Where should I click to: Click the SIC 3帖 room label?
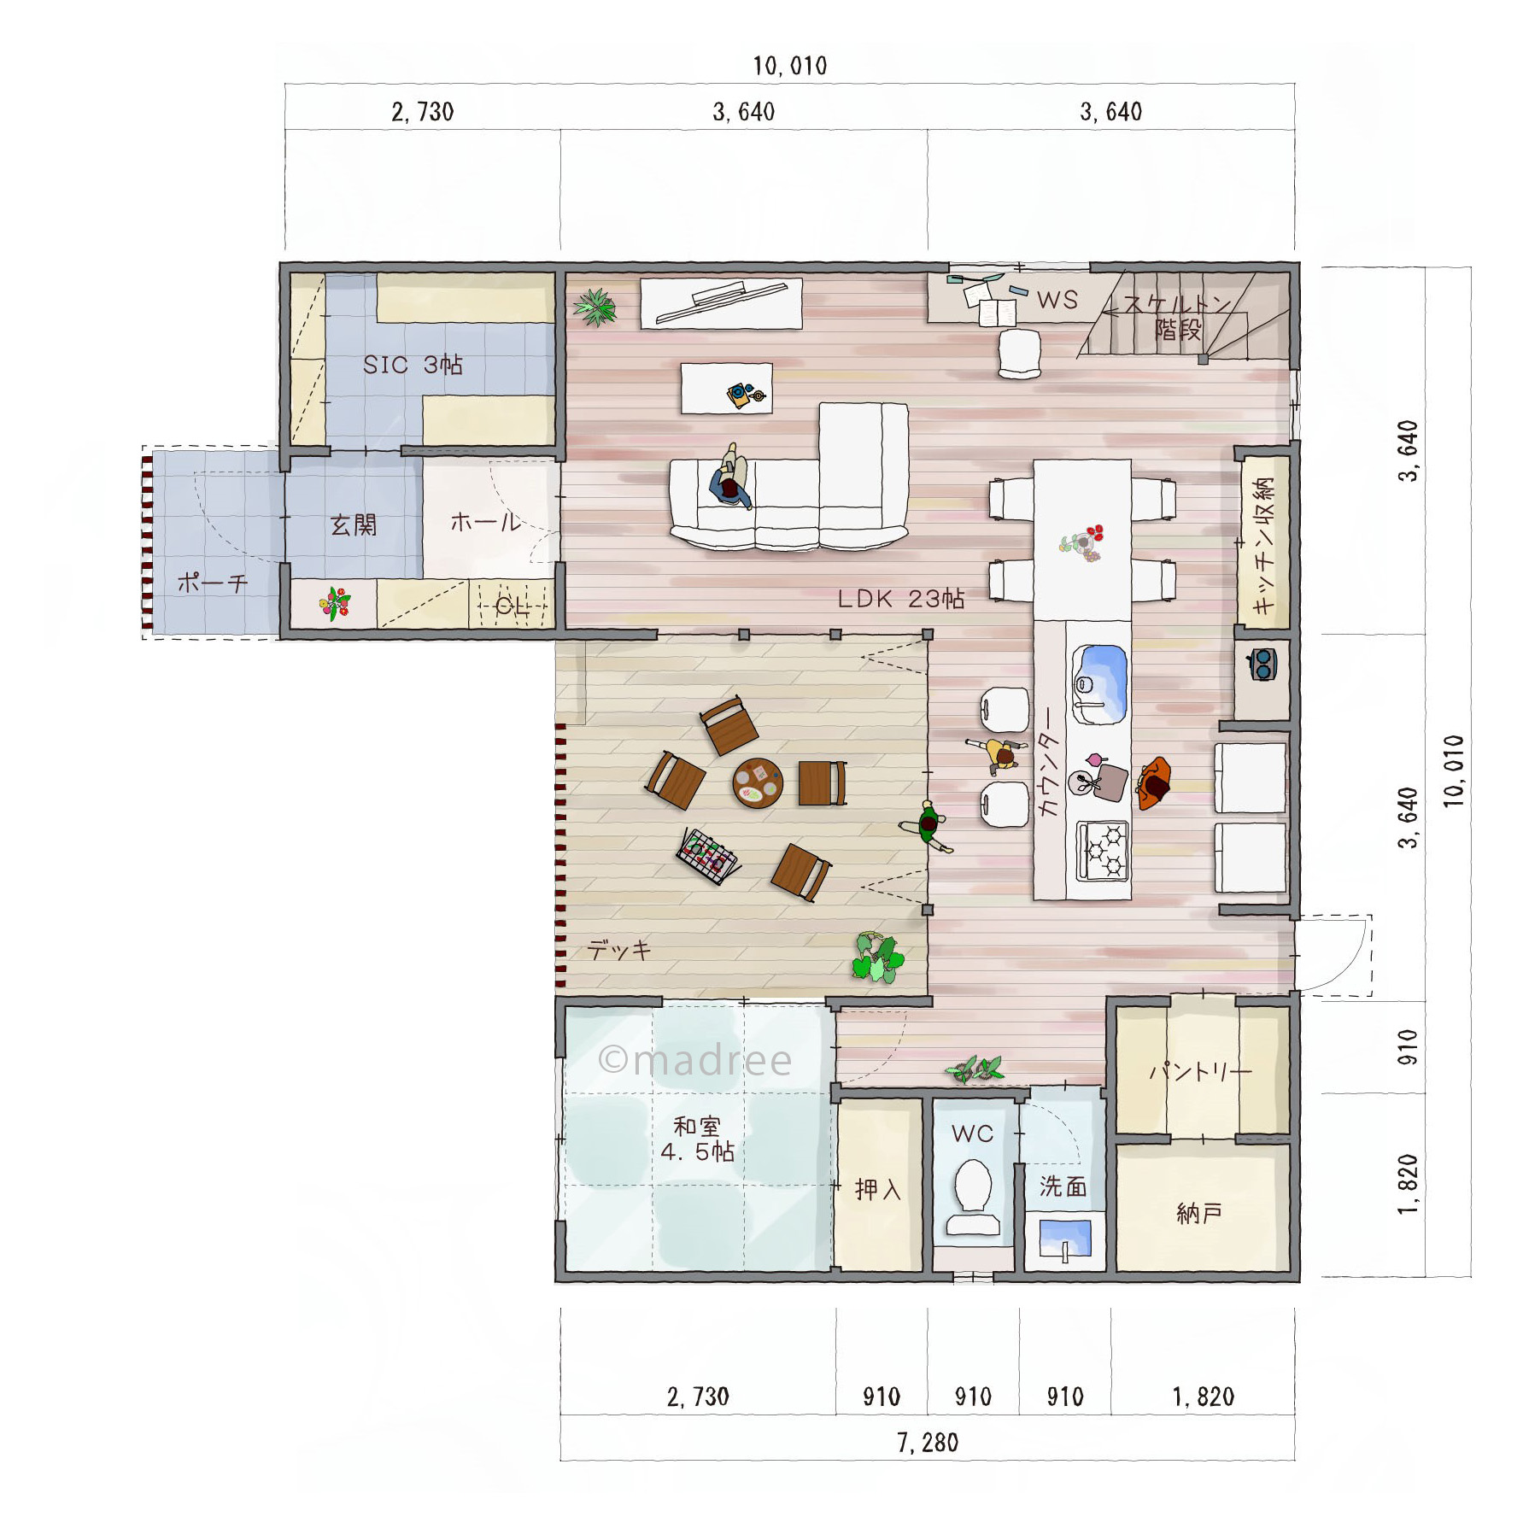coord(413,365)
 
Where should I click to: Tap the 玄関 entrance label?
coord(354,524)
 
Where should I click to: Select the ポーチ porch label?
coord(213,583)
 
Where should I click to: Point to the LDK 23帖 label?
coord(901,599)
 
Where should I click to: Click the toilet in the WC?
coord(973,1196)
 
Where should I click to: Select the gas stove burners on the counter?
coord(1103,850)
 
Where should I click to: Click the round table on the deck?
coord(758,783)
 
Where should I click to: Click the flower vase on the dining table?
coord(1083,543)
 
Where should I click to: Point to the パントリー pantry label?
coord(1200,1071)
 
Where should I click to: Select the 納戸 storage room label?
coord(1199,1213)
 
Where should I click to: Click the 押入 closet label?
coord(878,1189)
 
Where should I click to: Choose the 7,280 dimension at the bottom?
coord(928,1443)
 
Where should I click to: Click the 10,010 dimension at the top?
coord(790,66)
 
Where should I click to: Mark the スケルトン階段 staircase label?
coord(1177,317)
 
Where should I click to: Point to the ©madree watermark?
coord(694,1060)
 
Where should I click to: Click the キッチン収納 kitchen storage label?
coord(1263,543)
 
